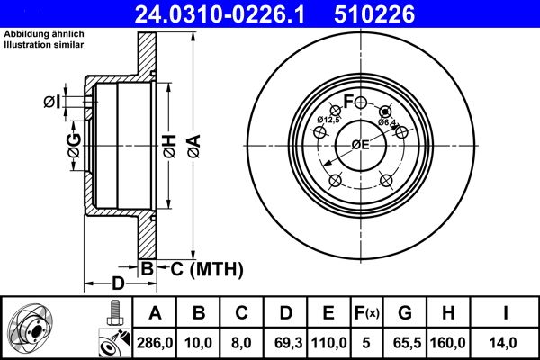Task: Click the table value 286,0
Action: tap(156, 342)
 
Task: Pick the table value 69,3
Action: tap(285, 342)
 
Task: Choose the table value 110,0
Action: tap(328, 342)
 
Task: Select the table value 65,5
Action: tap(405, 342)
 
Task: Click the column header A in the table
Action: tap(156, 313)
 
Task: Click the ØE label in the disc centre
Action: tap(360, 145)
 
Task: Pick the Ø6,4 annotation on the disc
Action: tap(388, 121)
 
